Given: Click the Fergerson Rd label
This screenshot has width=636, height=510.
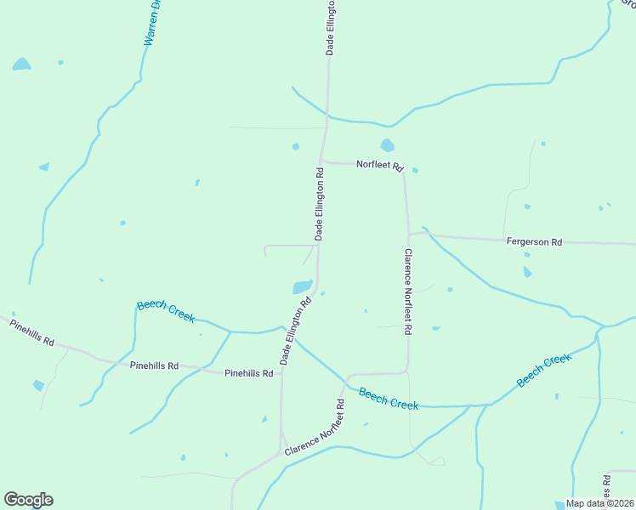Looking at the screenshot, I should [x=534, y=242].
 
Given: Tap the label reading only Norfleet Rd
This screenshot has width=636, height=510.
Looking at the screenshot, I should [x=379, y=165].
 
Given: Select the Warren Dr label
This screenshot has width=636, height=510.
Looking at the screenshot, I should [x=152, y=23].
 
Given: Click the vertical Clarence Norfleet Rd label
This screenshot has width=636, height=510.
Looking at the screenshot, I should [x=408, y=291].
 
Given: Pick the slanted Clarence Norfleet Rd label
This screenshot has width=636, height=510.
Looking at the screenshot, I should [x=315, y=427].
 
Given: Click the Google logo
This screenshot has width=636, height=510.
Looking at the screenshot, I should [x=28, y=500].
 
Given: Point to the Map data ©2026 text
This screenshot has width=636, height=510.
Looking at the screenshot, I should [x=599, y=503].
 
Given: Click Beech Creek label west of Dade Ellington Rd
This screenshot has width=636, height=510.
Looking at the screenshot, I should [x=166, y=311].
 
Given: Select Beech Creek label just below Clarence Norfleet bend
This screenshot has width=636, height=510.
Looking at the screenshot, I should [x=389, y=399].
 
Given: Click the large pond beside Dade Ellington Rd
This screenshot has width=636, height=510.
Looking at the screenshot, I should [x=303, y=287].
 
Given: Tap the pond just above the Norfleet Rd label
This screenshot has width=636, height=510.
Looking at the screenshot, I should [x=388, y=145].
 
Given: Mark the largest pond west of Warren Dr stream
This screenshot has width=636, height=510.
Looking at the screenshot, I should [x=21, y=65].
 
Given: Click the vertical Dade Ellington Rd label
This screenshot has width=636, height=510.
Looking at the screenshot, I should [x=320, y=204].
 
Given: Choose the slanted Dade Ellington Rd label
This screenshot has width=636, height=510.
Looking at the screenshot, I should [x=296, y=331].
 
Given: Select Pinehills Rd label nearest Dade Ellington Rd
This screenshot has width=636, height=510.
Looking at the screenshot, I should [x=249, y=373].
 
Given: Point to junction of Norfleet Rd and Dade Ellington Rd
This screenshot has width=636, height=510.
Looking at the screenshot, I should [x=321, y=161].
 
